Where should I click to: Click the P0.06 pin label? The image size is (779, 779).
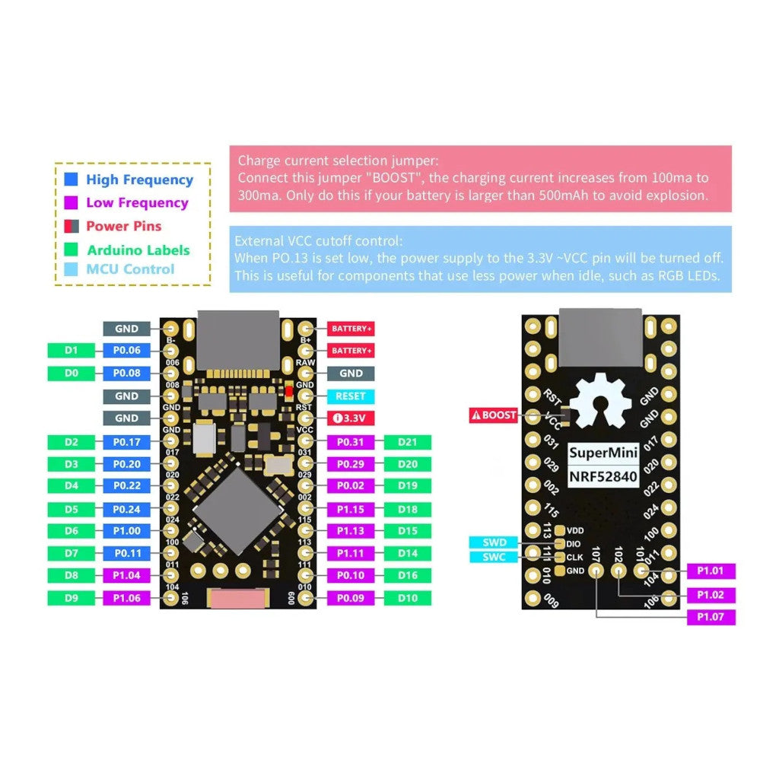pyautogui.click(x=127, y=351)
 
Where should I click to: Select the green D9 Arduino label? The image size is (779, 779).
pyautogui.click(x=72, y=598)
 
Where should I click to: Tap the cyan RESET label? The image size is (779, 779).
pyautogui.click(x=351, y=396)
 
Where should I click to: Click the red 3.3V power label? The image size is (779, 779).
pyautogui.click(x=351, y=418)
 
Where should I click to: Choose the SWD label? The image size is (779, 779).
pyautogui.click(x=494, y=542)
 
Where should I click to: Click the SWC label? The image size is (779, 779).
pyautogui.click(x=494, y=557)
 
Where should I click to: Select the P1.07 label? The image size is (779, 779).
pyautogui.click(x=711, y=617)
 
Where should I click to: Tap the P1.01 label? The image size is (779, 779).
pyautogui.click(x=711, y=571)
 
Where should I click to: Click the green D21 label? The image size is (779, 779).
pyautogui.click(x=408, y=442)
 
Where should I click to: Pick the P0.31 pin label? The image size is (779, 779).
pyautogui.click(x=351, y=442)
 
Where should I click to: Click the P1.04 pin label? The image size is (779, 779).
pyautogui.click(x=127, y=576)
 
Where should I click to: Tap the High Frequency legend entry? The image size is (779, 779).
pyautogui.click(x=139, y=180)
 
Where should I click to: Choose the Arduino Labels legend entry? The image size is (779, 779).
pyautogui.click(x=138, y=250)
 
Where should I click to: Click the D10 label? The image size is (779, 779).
pyautogui.click(x=408, y=598)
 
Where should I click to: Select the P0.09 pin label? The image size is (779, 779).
pyautogui.click(x=351, y=598)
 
